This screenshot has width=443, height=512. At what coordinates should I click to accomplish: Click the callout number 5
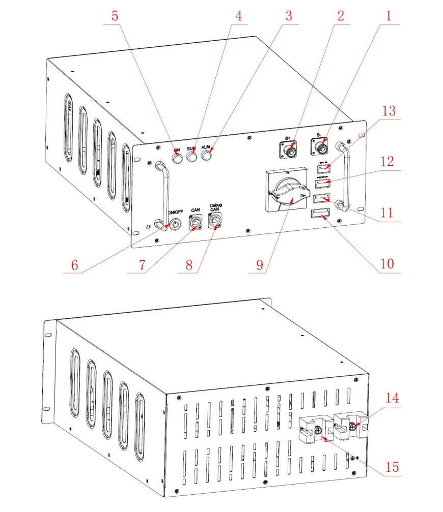tap(115, 16)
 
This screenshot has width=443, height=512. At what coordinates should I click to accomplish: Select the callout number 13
tap(389, 111)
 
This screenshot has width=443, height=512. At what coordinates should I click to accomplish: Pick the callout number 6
tap(75, 265)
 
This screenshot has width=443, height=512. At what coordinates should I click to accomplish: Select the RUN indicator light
tap(192, 158)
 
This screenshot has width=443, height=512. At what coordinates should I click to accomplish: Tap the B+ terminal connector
tap(289, 150)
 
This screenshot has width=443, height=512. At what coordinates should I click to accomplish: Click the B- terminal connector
tap(321, 148)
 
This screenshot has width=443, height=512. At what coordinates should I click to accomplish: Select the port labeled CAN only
tap(196, 222)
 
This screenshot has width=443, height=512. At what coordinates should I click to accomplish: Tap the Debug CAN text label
tap(216, 207)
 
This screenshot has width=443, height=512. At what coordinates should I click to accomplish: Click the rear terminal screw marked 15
tap(319, 431)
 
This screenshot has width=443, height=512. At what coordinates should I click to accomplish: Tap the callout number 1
tap(389, 16)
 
